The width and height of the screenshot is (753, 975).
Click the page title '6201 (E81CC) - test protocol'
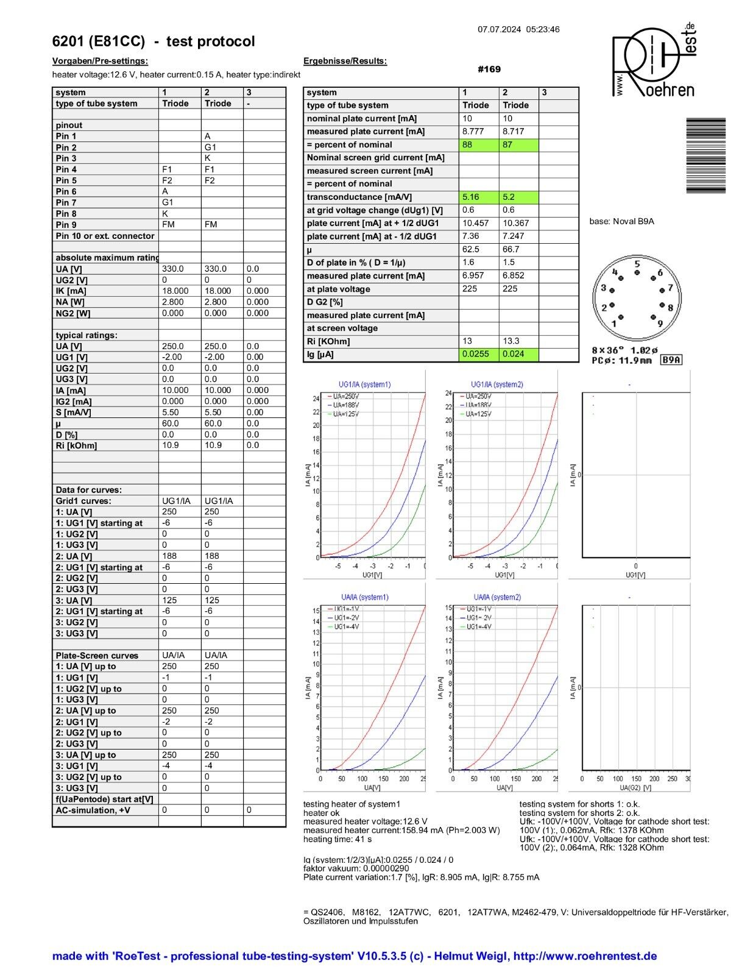154,41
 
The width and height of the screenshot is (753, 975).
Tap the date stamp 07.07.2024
499,29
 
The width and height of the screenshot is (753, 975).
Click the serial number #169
489,69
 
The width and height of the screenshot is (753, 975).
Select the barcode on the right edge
705,155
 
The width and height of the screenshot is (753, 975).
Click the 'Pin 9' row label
66,225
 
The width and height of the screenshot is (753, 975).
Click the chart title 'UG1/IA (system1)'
364,385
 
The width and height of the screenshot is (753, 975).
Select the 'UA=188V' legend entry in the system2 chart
478,405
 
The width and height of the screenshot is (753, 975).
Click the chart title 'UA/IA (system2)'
497,597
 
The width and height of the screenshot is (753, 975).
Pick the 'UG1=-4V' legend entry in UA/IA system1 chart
346,626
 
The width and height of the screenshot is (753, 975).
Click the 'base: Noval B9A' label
621,221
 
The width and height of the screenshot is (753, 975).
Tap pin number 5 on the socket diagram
637,264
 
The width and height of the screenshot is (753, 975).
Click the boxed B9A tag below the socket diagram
671,360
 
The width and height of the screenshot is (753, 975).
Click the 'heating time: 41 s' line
338,839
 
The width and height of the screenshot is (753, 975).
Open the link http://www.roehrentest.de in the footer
585,956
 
